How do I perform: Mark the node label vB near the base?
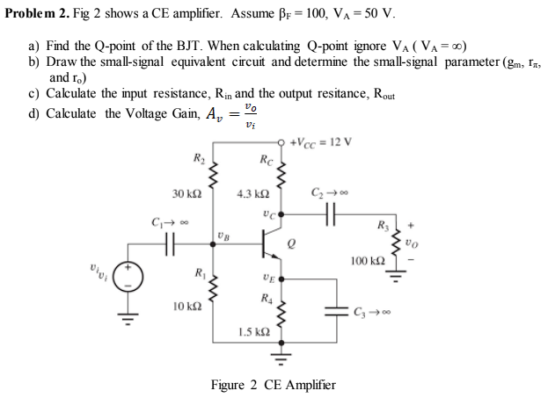tap(223, 235)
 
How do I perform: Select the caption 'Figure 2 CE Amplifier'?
tap(274, 385)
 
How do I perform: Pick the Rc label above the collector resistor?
tap(267, 159)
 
